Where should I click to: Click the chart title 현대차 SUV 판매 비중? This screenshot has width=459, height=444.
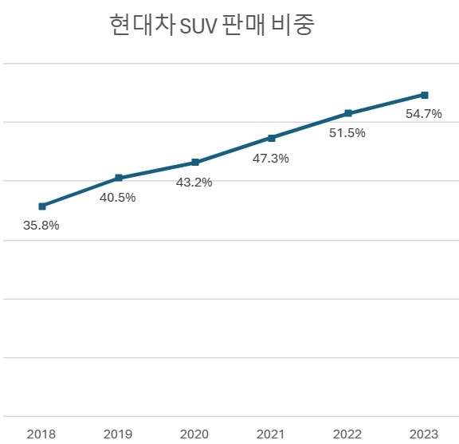212,26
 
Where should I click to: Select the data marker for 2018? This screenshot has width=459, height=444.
41,206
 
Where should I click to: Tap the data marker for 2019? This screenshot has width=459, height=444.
118,178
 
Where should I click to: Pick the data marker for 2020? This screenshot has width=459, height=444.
194,162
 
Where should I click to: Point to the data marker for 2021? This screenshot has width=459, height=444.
271,138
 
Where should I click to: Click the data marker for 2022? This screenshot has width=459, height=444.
347,113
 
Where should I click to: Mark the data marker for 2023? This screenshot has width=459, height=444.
424,95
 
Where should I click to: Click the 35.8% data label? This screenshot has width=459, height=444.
41,226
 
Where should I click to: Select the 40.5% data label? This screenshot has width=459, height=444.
118,198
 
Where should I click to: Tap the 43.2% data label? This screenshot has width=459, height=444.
194,183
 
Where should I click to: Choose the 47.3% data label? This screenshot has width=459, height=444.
271,159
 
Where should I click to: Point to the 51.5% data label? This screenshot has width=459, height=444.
347,133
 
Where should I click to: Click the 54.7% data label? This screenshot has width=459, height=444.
424,114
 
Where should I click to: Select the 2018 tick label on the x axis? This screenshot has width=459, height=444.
41,434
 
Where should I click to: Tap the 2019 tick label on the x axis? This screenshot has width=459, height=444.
118,434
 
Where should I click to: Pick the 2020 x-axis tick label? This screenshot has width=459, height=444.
194,434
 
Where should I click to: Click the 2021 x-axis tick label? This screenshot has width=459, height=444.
271,434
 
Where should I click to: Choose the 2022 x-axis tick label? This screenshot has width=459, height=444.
347,434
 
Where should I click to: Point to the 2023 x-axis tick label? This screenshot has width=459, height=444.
424,434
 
